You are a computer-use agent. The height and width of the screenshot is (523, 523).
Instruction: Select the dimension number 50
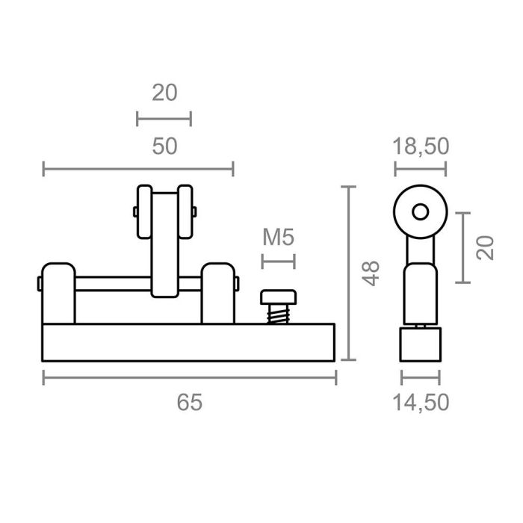(x=164, y=146)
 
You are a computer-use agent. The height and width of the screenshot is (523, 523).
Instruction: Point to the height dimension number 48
(x=371, y=273)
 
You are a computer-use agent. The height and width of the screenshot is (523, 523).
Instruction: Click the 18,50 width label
(x=421, y=146)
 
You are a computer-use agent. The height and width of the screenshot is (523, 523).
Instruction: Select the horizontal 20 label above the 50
(x=164, y=93)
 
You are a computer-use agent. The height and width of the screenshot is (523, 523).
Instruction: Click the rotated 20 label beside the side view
(x=486, y=247)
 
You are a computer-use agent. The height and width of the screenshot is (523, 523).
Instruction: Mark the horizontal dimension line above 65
(x=190, y=378)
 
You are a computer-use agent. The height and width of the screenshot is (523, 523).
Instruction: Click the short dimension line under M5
(x=279, y=261)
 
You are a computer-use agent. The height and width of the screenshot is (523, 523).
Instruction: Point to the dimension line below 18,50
(x=421, y=169)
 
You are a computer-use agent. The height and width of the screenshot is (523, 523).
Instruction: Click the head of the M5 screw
(x=278, y=298)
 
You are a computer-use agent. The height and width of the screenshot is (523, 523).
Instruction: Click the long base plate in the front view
(x=190, y=342)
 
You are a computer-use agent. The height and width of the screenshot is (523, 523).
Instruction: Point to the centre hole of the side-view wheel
(x=421, y=211)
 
